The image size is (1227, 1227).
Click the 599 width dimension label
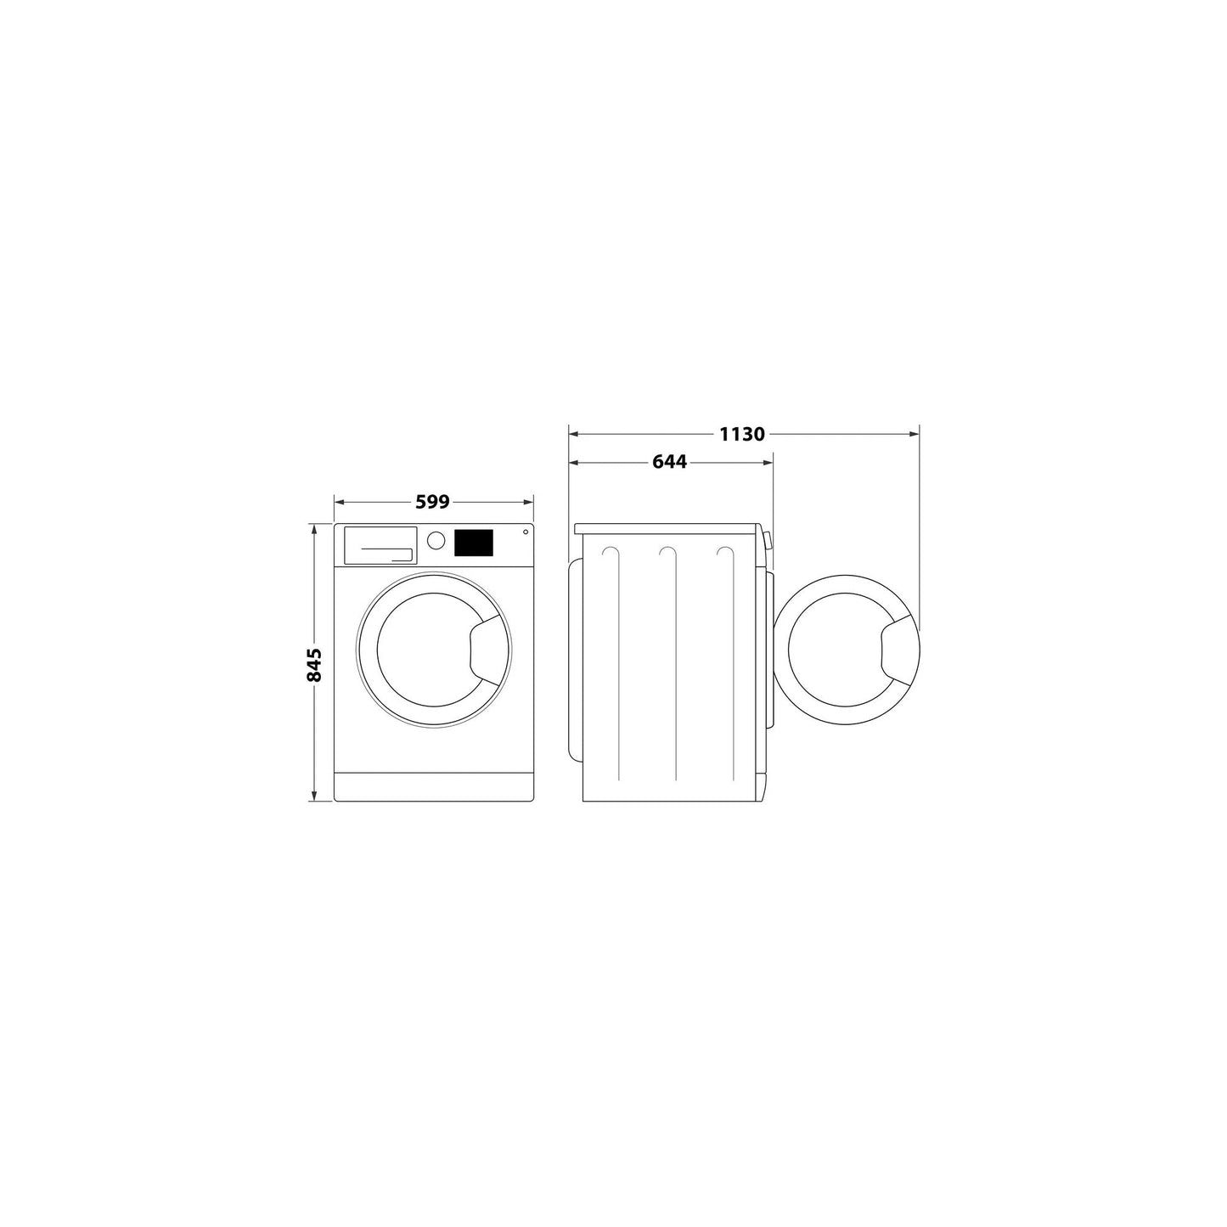pos(432,502)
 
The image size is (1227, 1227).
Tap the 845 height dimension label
pos(314,664)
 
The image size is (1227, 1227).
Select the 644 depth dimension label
pos(669,463)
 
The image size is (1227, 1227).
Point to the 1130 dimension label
pos(742,435)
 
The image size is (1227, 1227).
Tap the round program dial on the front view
pos(436,541)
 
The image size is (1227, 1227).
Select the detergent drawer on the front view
pos(380,544)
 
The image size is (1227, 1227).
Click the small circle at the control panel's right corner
pos(525,532)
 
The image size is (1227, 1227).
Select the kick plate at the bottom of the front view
pos(433,786)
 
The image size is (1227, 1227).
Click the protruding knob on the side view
pos(768,541)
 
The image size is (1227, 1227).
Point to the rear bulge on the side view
pos(575,660)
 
